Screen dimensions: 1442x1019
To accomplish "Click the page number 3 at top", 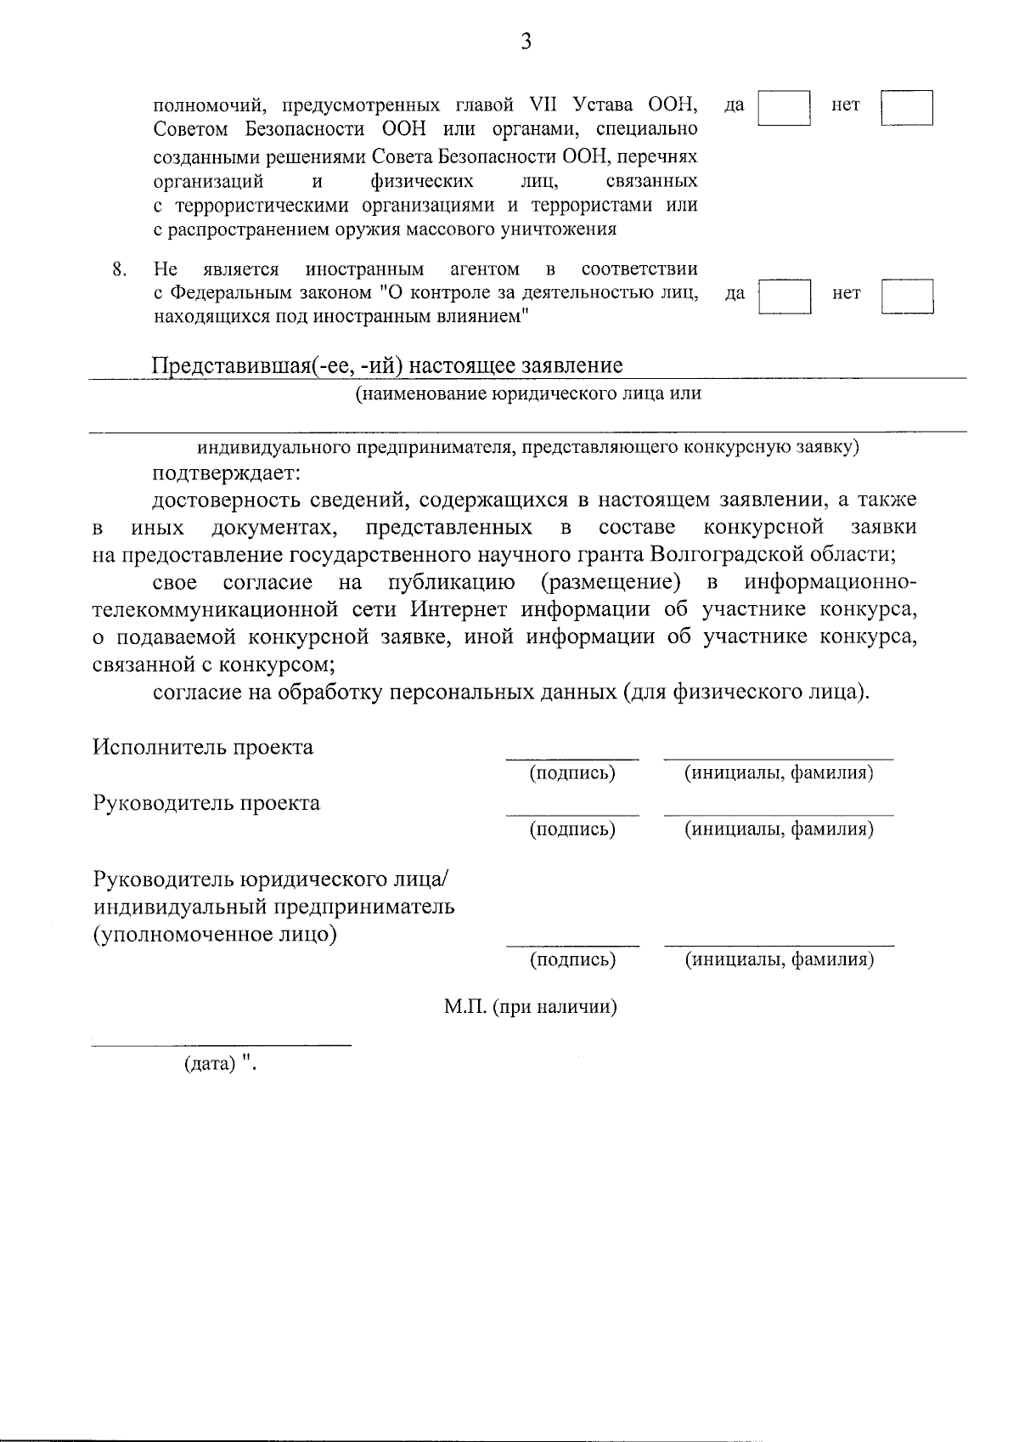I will (526, 42).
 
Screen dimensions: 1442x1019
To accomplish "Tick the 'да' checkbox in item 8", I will (784, 296).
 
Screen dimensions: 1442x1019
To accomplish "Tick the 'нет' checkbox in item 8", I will (907, 296).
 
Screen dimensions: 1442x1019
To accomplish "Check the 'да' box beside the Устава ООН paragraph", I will (784, 107).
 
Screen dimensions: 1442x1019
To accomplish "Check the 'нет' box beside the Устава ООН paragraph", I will (907, 107).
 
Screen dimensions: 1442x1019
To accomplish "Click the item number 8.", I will (120, 270).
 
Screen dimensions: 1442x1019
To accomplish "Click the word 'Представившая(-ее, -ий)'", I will (277, 365).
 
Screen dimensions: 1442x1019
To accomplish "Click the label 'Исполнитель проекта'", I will (203, 748).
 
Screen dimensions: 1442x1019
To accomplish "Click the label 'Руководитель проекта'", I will (206, 803).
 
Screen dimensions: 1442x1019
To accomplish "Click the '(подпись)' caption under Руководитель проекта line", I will (572, 829).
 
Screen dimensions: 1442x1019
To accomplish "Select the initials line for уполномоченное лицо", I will (779, 943).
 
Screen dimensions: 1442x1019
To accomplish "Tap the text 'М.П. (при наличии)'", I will (530, 1008).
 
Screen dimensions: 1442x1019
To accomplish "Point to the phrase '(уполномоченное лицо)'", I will (215, 935).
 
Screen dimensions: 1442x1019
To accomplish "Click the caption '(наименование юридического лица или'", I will (527, 394).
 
